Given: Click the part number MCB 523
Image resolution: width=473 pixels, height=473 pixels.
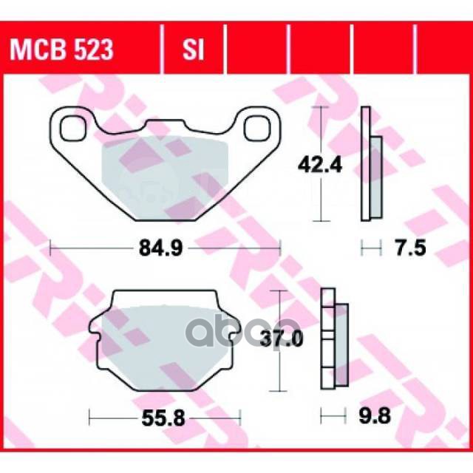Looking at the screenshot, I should [61, 50].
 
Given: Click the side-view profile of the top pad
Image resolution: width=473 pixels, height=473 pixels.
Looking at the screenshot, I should [365, 164].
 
